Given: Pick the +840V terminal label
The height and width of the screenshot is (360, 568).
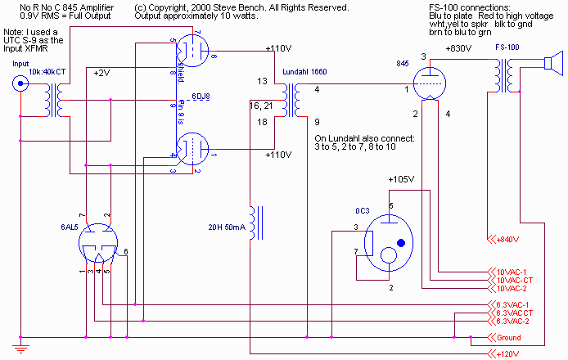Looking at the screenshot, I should coord(508,240).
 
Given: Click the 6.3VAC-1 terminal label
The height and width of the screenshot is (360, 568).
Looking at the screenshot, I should coord(513,305).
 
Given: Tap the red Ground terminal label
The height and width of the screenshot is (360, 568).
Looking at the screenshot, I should coord(508,338).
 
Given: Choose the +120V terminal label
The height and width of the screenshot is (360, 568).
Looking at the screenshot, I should coord(508,354).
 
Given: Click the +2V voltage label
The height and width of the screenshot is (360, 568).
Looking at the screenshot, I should coord(101,73).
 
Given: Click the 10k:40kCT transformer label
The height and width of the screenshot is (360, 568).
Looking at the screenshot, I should coord(49,73).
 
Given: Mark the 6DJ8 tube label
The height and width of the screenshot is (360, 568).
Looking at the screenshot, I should coord(200,97).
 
